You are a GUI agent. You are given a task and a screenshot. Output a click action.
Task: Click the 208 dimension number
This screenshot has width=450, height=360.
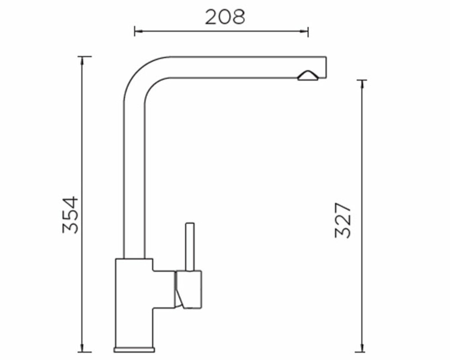click(x=225, y=17)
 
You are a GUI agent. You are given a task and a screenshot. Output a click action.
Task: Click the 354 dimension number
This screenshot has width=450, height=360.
click(x=70, y=215)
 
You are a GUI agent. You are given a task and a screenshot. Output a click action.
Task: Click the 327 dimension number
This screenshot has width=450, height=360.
click(x=343, y=220)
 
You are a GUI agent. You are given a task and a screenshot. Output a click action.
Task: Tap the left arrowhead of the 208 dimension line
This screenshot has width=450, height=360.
click(x=138, y=31)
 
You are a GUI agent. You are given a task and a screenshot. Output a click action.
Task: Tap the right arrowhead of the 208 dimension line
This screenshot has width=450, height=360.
click(x=304, y=31)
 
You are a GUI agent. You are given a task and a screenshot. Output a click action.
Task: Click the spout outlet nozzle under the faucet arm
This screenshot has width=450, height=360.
click(x=308, y=76)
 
